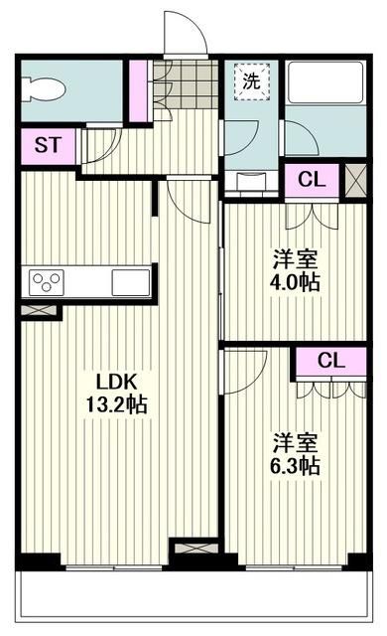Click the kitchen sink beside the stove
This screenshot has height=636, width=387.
coord(130,281)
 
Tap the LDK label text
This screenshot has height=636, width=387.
coord(120,383)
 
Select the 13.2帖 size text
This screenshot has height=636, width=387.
coord(122,405)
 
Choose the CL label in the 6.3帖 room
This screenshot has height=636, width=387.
coord(332,361)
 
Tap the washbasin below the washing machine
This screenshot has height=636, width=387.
coord(254,182)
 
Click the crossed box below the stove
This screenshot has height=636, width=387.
coord(41,309)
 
